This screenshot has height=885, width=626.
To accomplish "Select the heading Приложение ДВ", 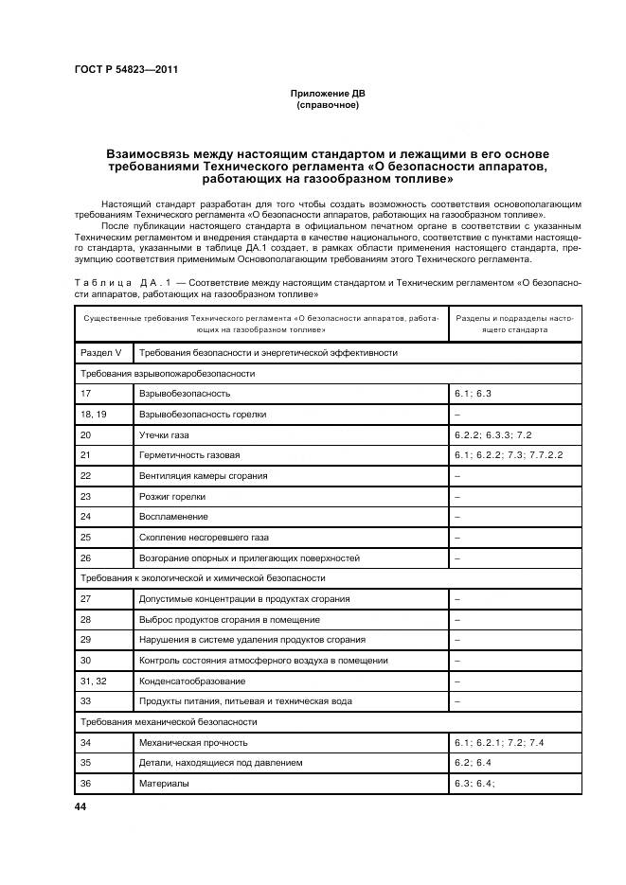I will click(327, 94).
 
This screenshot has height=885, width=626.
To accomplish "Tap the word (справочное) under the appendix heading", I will click(327, 105).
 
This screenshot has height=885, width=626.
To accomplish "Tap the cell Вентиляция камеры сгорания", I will click(204, 475).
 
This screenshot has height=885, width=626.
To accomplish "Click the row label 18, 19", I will click(94, 414).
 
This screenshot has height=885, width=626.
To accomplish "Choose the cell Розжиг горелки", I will click(172, 496).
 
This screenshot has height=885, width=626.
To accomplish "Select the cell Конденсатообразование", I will click(192, 681).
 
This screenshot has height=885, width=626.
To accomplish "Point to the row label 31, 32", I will click(93, 681).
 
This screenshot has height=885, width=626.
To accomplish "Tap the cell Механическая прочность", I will click(193, 743).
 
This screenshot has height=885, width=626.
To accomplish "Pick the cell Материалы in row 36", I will click(164, 784).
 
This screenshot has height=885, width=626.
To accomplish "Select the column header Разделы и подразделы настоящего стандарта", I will click(514, 325).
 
